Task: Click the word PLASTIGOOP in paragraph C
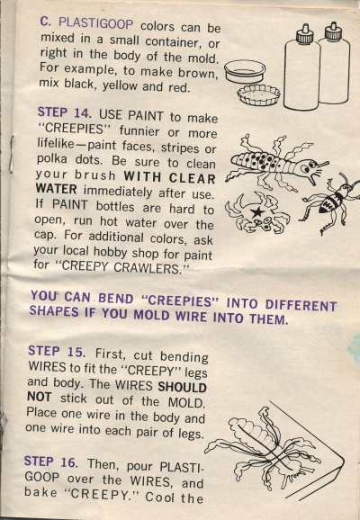coord(96,23)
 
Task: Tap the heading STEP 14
coord(64,112)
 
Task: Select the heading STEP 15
coord(57,351)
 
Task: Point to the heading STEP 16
coord(51,462)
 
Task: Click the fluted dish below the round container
coord(258,94)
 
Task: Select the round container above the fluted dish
coord(245,71)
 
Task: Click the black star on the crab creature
coord(256,211)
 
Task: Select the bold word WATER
coord(56,189)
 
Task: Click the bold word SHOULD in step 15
coord(182,387)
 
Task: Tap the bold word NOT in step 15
coord(40,397)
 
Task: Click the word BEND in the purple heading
coord(115,299)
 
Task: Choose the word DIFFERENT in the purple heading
coord(301,305)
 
